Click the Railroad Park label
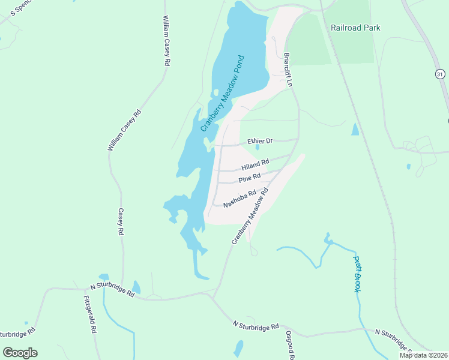click(355, 28)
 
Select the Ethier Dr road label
click(260, 141)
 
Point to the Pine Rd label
click(249, 178)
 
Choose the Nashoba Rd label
click(240, 199)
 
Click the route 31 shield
click(441, 73)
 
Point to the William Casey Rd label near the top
click(166, 41)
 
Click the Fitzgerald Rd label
click(91, 314)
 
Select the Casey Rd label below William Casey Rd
click(121, 221)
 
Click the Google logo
click(20, 353)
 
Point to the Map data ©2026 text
click(423, 355)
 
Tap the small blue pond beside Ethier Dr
click(258, 147)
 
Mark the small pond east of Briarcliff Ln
click(355, 129)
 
